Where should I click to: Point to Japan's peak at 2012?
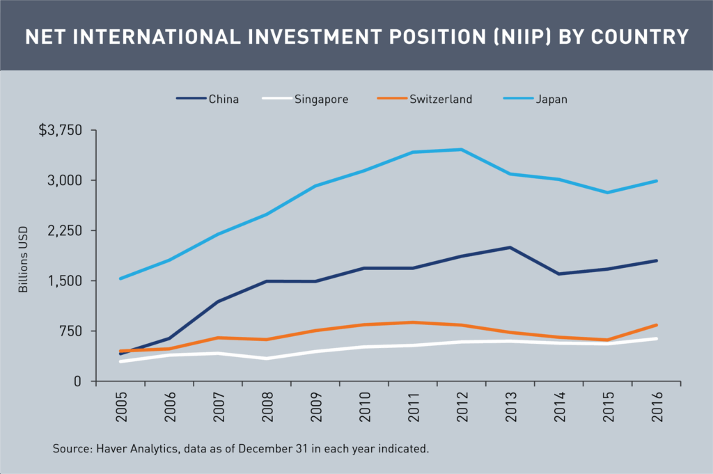point(460,149)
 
